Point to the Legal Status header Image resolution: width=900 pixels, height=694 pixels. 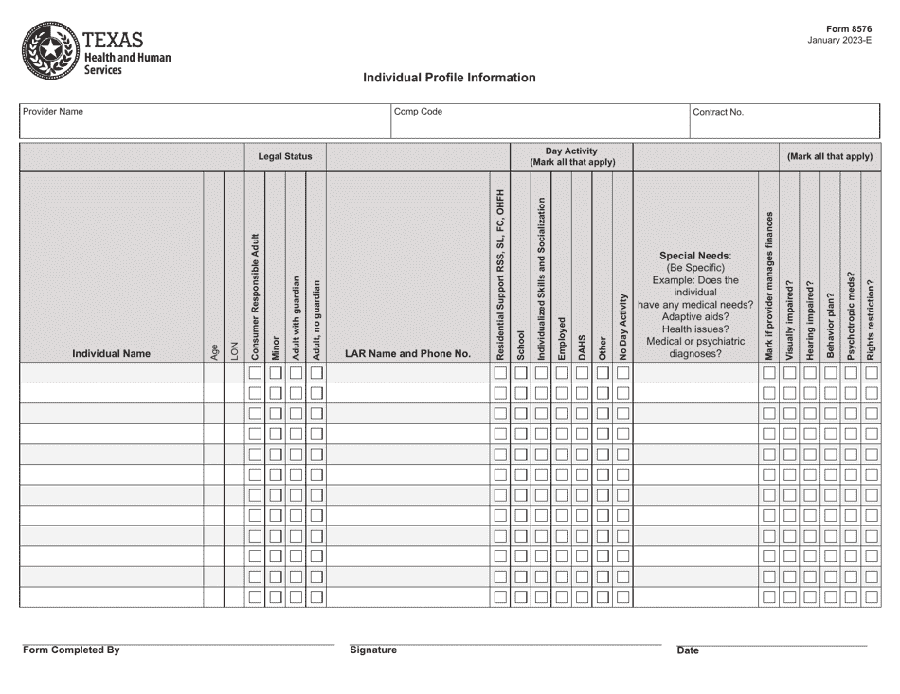285,157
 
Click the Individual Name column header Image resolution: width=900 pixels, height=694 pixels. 112,354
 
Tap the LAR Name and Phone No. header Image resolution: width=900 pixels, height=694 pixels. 407,354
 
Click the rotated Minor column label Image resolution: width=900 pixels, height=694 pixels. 276,347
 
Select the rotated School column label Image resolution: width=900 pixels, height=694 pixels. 520,345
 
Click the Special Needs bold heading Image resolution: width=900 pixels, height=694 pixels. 694,256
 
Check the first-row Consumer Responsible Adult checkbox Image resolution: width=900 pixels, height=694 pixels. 255,373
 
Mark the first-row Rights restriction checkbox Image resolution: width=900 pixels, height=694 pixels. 871,373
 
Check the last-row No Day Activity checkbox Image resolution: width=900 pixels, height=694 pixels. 622,597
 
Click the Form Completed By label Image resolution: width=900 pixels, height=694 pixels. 72,650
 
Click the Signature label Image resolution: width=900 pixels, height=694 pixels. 373,650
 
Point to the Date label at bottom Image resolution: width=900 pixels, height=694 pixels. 688,651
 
